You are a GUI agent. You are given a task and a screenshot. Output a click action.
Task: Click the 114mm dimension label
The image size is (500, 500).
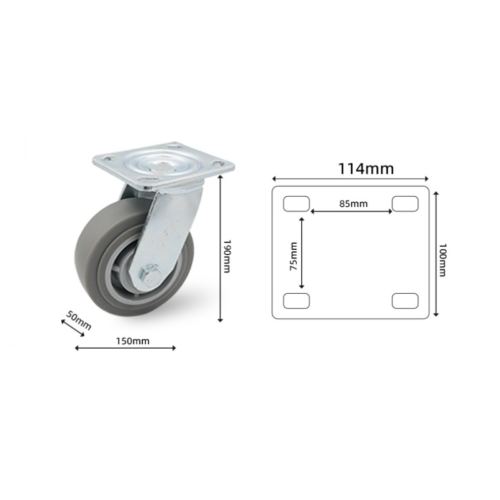(366, 168)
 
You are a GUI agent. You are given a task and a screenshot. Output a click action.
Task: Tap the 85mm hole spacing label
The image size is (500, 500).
(353, 203)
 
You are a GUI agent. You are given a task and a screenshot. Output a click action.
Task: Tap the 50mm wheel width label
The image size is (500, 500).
(79, 321)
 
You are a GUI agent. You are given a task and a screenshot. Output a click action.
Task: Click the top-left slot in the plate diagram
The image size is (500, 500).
(296, 204)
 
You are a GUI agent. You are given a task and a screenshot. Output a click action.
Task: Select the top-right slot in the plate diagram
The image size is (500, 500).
(405, 204)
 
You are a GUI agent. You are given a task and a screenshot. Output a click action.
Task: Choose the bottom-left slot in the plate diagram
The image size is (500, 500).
(296, 301)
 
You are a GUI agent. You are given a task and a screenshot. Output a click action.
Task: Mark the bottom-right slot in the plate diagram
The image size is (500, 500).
(405, 301)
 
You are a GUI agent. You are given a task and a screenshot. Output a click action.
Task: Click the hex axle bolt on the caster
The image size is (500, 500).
(151, 272)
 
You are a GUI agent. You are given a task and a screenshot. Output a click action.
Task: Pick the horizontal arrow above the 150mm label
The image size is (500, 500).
(125, 347)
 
